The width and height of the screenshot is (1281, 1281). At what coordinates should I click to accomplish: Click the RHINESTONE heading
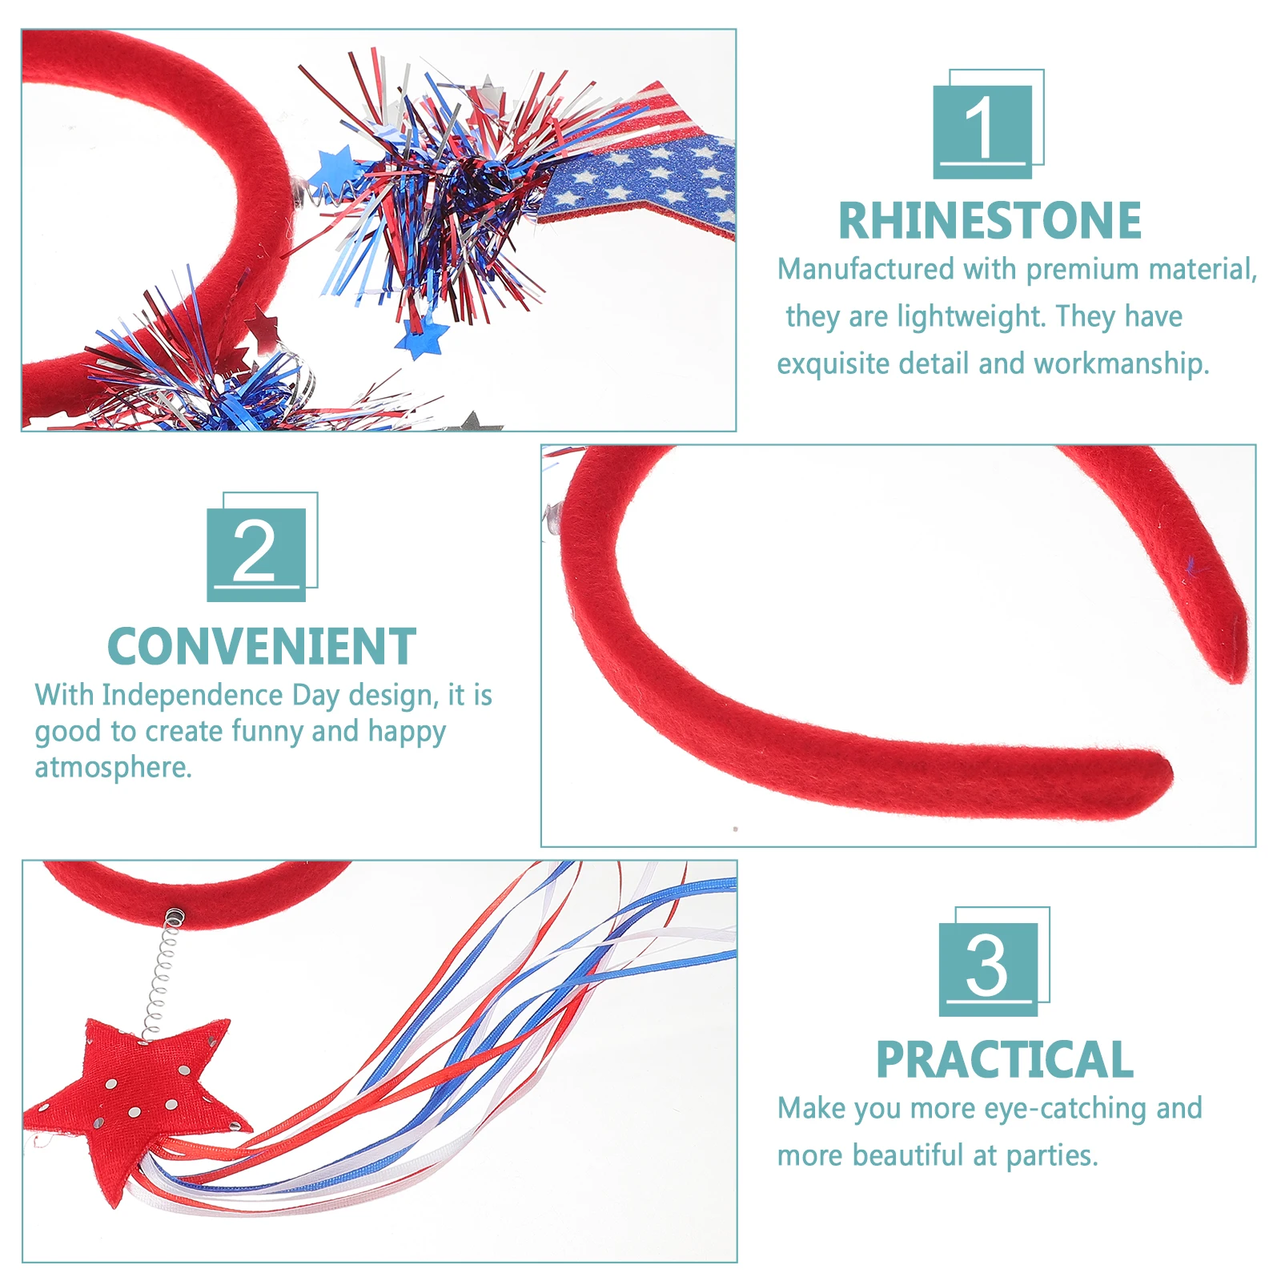coord(990,221)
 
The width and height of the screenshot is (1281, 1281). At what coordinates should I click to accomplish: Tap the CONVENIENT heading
coord(262,647)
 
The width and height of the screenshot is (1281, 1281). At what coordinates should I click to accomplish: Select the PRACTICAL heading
coord(1005,1060)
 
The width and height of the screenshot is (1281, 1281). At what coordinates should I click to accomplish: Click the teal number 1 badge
coord(983,131)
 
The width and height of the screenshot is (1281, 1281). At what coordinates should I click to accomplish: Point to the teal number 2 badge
coord(256,553)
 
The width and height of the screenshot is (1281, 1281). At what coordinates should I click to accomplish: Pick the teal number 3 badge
coord(988,968)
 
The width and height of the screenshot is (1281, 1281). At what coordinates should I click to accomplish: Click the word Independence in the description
coord(192,695)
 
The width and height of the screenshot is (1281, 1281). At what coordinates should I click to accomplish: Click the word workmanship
coord(1121,363)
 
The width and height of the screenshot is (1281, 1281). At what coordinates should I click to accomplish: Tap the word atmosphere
coord(112,767)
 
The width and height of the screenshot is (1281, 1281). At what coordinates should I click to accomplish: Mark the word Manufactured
coord(865,269)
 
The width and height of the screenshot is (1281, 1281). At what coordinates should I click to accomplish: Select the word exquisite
coord(833,363)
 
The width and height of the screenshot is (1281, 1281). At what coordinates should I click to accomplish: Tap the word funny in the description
coord(267,731)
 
